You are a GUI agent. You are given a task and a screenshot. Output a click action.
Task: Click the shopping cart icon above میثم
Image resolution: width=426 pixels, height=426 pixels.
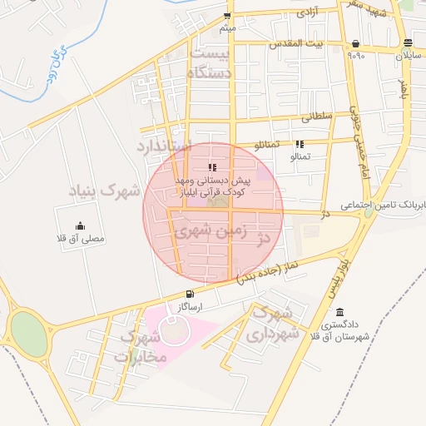click(227, 16)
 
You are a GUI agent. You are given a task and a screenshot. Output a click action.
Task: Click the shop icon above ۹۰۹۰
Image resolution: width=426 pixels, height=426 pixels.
click(356, 43)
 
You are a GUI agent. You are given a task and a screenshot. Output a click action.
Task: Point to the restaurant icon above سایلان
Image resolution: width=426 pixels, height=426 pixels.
click(407, 43)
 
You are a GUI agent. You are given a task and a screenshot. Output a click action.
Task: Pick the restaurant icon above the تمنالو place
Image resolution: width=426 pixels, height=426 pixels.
click(300, 144)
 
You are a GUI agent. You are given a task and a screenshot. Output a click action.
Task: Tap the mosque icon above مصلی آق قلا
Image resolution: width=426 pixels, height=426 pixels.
click(80, 225)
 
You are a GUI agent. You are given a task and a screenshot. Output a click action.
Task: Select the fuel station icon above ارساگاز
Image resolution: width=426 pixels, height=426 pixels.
click(191, 293)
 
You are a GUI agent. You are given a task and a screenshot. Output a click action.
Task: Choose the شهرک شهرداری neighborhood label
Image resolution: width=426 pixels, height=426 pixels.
click(271, 324)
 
